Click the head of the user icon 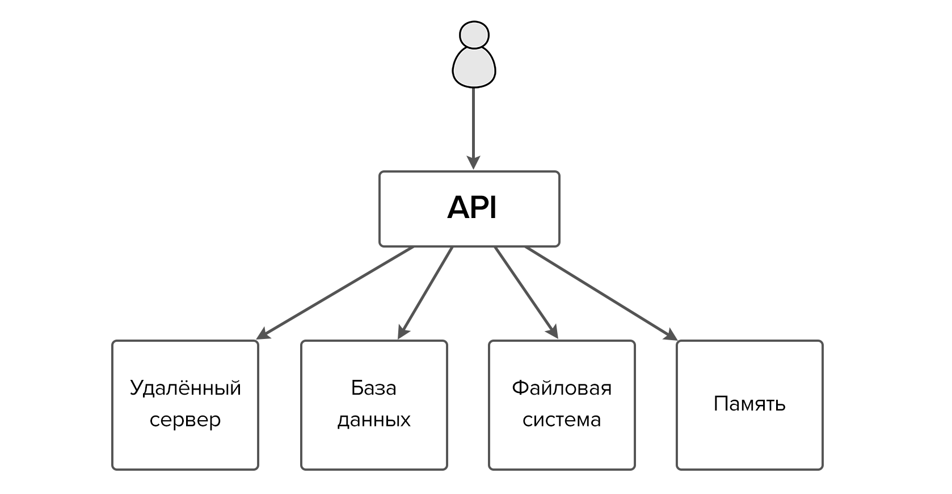pyautogui.click(x=474, y=35)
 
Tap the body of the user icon pyautogui.click(x=474, y=67)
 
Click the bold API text pyautogui.click(x=471, y=207)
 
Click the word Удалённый pyautogui.click(x=186, y=388)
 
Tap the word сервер pyautogui.click(x=185, y=420)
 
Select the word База pyautogui.click(x=373, y=388)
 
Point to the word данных pyautogui.click(x=373, y=420)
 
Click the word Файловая pyautogui.click(x=562, y=388)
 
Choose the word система pyautogui.click(x=562, y=420)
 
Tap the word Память pyautogui.click(x=749, y=404)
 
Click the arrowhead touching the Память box pyautogui.click(x=672, y=334)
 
